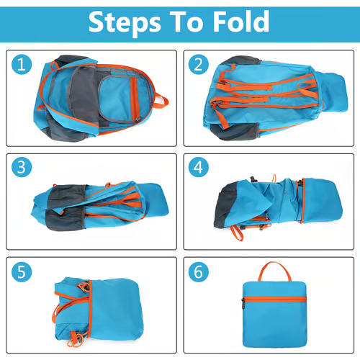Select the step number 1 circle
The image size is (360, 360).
[x=23, y=66]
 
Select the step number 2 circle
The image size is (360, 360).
[x=198, y=66]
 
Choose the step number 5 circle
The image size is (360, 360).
[x=23, y=273]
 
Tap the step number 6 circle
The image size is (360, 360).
[x=198, y=273]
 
